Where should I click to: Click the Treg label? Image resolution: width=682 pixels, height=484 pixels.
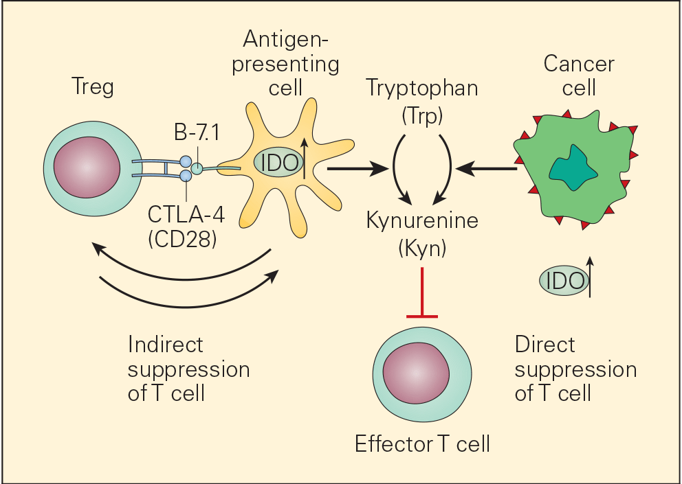[x=93, y=87]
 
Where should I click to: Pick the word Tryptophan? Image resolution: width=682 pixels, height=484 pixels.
[x=421, y=88]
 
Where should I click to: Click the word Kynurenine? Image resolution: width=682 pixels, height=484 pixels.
[x=422, y=221]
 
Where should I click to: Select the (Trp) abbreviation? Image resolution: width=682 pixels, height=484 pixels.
[x=421, y=115]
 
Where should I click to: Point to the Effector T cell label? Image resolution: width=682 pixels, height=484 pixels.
[x=422, y=444]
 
